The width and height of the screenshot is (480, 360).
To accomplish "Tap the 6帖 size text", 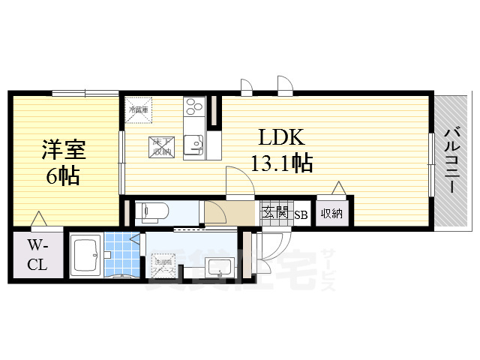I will point(63,177).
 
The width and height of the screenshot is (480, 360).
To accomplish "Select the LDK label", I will point(280,138).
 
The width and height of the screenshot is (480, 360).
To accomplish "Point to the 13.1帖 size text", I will point(282,163).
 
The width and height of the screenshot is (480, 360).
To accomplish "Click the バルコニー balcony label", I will point(451,160).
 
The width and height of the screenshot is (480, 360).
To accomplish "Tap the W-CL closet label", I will point(37,255).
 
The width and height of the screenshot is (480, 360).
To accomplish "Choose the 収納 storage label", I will point(331,213).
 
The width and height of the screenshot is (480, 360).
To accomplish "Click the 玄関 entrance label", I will point(275,213).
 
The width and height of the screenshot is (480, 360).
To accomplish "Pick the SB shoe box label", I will point(301,214).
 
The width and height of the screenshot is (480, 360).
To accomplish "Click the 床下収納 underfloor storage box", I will point(160,147).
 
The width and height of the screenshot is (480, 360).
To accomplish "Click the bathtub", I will point(86,256).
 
